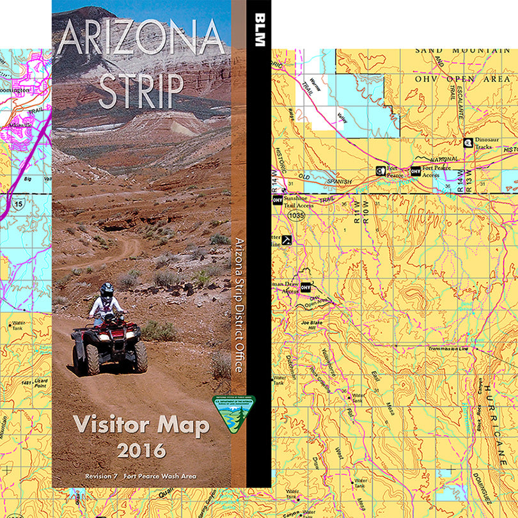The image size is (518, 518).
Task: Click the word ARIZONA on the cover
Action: click(x=141, y=40)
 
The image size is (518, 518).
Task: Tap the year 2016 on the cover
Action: click(x=141, y=450)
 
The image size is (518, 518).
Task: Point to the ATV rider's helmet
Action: click(x=107, y=291)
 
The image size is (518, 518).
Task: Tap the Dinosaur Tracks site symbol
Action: click(x=468, y=143)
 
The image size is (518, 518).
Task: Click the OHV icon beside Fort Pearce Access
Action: click(x=416, y=171)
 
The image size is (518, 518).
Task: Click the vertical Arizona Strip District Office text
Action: click(x=239, y=306)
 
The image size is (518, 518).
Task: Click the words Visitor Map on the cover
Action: click(x=141, y=425)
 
